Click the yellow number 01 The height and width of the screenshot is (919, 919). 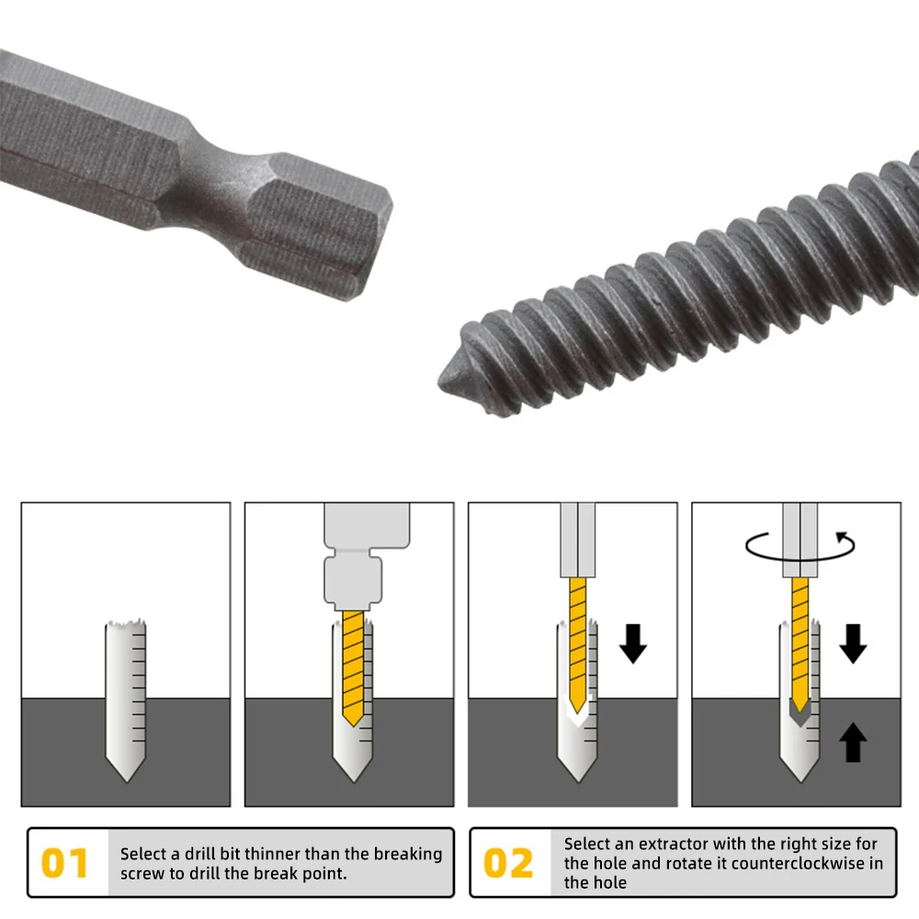pyautogui.click(x=65, y=864)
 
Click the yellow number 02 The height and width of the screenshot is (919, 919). pyautogui.click(x=508, y=864)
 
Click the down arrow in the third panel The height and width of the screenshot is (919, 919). pyautogui.click(x=633, y=643)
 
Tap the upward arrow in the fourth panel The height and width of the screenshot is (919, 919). pyautogui.click(x=854, y=742)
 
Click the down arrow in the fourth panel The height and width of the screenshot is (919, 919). pyautogui.click(x=854, y=643)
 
